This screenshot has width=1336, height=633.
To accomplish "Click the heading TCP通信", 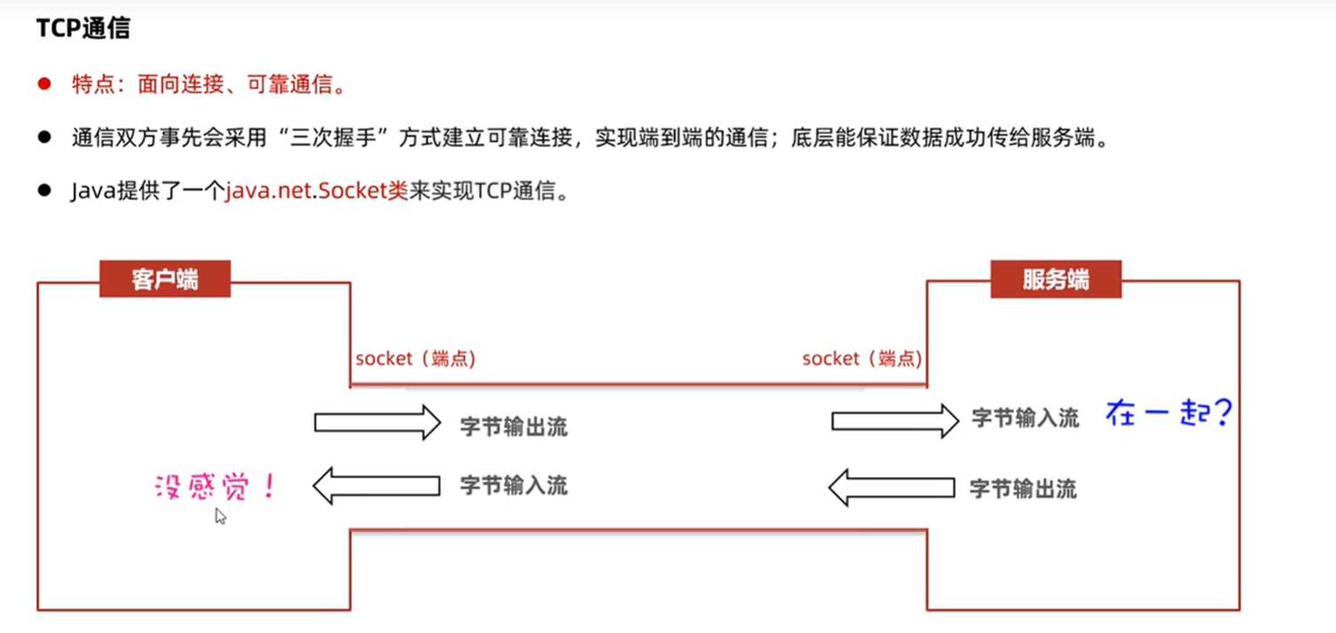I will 83,28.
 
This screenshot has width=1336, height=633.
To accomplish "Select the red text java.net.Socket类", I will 316,191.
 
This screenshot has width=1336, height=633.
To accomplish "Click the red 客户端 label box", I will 165,279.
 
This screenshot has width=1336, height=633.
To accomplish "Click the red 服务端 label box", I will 1056,279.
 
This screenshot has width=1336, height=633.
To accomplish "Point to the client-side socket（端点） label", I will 415,359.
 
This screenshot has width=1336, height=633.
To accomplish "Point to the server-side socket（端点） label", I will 861,359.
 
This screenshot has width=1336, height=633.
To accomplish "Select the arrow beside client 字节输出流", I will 377,423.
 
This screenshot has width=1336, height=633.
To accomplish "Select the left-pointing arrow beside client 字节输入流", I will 377,485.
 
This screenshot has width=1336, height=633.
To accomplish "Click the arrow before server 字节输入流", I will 894,420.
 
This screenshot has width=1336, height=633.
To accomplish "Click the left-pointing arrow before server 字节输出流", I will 891,488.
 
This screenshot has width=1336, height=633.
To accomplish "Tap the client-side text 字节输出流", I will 514,426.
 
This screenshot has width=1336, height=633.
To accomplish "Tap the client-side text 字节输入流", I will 514,486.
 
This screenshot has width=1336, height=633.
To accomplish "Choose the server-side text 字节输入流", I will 1026,418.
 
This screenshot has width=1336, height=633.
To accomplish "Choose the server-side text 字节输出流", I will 1023,488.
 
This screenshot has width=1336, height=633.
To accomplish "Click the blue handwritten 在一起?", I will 1168,413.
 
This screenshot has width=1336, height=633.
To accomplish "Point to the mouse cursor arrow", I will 220,515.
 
